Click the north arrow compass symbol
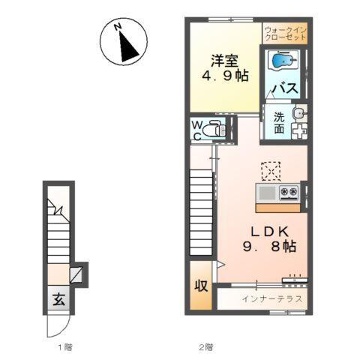124,42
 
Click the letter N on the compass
118,26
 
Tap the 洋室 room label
224,61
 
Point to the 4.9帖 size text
225,76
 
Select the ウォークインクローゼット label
286,34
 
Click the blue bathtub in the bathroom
283,60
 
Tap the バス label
286,88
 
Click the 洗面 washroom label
279,123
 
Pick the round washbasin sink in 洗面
298,114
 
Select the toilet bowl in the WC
211,130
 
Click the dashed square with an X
271,171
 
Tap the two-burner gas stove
289,192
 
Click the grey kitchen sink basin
267,193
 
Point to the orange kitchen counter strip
278,208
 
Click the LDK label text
270,232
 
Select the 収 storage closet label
201,285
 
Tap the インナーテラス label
272,298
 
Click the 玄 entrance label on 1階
58,299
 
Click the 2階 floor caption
206,347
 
